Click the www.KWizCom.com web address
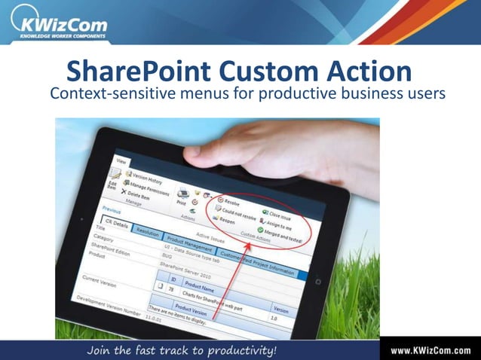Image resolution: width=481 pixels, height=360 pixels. (430, 350)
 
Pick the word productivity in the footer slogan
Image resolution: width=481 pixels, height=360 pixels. (237, 350)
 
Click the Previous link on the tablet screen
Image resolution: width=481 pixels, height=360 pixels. (111, 210)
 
